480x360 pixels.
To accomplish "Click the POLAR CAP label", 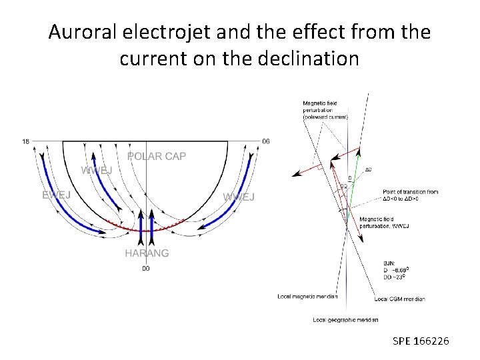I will tap(157, 156).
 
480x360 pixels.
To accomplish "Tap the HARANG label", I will tap(147, 253).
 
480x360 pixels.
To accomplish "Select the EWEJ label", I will tap(57, 195).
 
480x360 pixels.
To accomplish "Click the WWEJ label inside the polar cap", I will tap(97, 170).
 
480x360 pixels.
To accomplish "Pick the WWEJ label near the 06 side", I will tap(239, 197).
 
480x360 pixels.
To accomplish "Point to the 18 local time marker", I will tap(25, 141).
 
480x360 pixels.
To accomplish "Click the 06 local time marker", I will tap(266, 141).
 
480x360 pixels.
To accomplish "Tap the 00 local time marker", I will tap(145, 269).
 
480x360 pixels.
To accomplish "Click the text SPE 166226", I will tap(421, 341).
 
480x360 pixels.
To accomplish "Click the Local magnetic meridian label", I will tap(307, 296).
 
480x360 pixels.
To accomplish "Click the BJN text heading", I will tap(389, 263).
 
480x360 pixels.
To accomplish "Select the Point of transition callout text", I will tap(411, 195).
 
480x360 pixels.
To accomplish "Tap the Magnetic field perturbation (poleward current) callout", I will tap(325, 110).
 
